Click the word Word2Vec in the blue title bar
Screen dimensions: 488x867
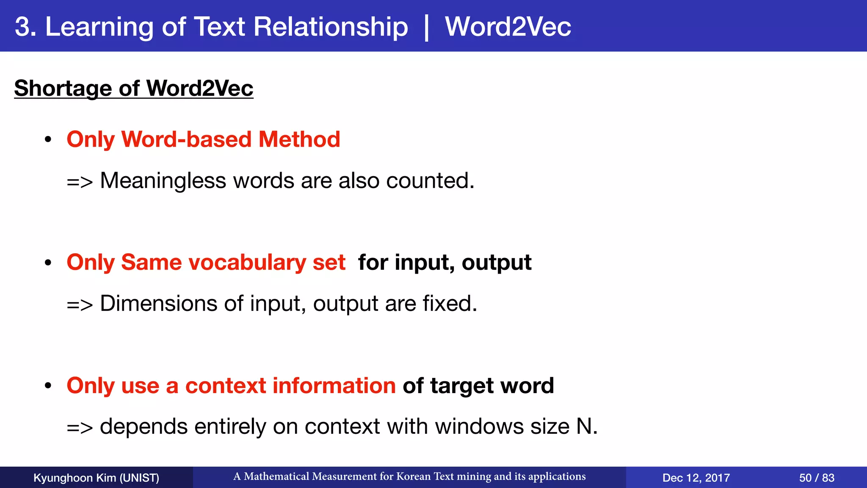pyautogui.click(x=508, y=27)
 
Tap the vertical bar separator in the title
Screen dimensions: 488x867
pyautogui.click(x=426, y=28)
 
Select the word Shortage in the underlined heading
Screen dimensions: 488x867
pyautogui.click(x=63, y=88)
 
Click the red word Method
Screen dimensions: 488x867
pyautogui.click(x=299, y=139)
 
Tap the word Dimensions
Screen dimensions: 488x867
pyautogui.click(x=158, y=304)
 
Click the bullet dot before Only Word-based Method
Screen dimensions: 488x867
pyautogui.click(x=48, y=140)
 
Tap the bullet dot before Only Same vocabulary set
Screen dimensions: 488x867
pyautogui.click(x=48, y=263)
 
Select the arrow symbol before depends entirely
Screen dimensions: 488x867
pyautogui.click(x=80, y=427)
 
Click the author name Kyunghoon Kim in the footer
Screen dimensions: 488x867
pyautogui.click(x=75, y=478)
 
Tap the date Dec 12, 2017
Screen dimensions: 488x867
pyautogui.click(x=696, y=478)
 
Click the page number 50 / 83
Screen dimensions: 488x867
pyautogui.click(x=817, y=478)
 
